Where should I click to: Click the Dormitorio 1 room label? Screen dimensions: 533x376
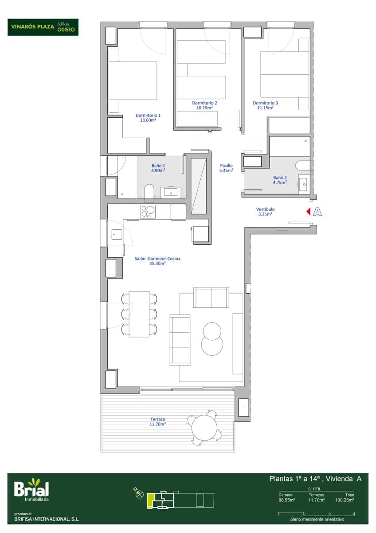[x=148, y=115]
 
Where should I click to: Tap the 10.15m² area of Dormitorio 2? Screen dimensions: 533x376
[x=204, y=107]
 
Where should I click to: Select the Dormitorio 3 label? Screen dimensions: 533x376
[x=265, y=103]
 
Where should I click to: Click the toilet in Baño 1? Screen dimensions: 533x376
[x=149, y=191]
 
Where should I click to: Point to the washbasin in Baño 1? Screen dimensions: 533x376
[x=171, y=192]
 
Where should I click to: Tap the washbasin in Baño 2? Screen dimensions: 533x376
[x=303, y=183]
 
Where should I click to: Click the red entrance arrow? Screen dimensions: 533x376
[x=308, y=212]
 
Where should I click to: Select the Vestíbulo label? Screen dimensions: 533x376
[x=265, y=209]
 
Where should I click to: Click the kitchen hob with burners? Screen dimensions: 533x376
[x=148, y=211]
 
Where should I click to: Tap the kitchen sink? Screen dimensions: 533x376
[x=117, y=235]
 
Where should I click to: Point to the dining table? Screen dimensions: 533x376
[x=139, y=314]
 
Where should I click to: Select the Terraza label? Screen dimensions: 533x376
[x=157, y=419]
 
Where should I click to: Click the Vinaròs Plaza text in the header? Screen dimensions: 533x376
[x=33, y=27]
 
